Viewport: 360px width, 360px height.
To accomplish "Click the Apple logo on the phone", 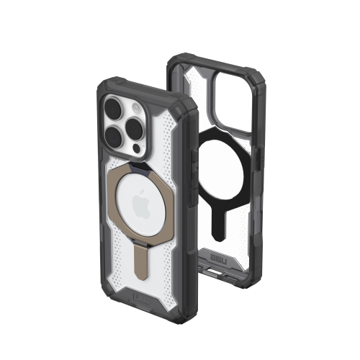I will click(143, 196).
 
